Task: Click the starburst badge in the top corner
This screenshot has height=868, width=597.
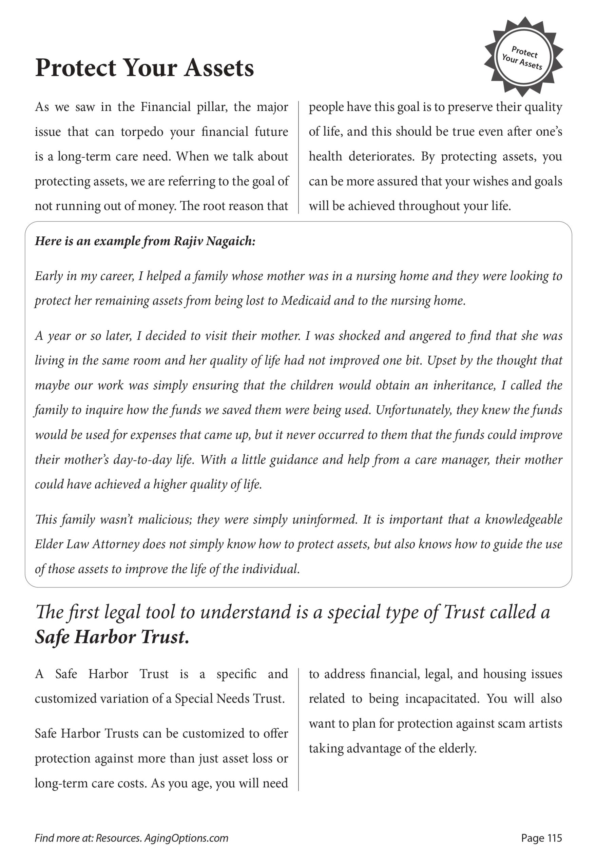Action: pos(523,55)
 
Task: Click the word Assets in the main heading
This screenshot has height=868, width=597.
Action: pos(219,68)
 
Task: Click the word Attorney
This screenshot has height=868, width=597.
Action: pos(116,544)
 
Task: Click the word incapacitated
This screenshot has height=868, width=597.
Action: pos(442,699)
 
